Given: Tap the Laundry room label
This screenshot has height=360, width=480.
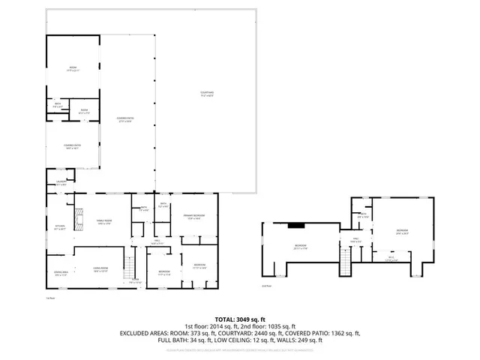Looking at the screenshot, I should [61, 182].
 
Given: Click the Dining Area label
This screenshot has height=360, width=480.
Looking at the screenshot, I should [61, 274].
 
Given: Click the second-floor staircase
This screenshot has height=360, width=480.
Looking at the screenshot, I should [346, 259].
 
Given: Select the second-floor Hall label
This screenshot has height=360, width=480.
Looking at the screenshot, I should [355, 240].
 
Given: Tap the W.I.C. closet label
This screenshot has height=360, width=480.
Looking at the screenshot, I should [391, 259].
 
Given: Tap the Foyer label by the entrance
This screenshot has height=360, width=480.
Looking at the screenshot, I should [135, 281].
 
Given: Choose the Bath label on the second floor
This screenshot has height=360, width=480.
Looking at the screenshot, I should [363, 214].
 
